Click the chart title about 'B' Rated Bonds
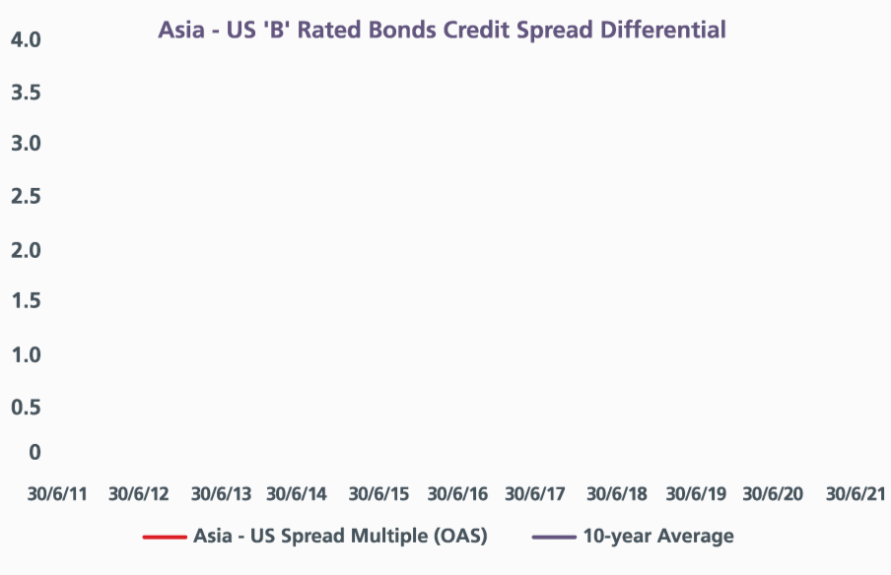(x=443, y=31)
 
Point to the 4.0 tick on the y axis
(x=27, y=39)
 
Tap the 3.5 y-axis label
(x=27, y=93)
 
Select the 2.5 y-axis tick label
(x=27, y=196)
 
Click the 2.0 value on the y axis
(x=27, y=250)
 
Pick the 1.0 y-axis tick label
(x=27, y=355)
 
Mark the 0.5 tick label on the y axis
(x=27, y=407)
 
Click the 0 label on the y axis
(x=34, y=452)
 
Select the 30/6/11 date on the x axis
(x=57, y=494)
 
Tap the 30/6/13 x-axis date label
(x=221, y=494)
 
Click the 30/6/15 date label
(x=379, y=494)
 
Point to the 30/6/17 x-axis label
(x=535, y=494)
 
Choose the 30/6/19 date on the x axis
(x=696, y=494)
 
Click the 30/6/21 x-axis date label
(x=856, y=494)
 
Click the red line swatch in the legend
(x=165, y=537)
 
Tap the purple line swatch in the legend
(x=554, y=537)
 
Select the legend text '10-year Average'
(x=658, y=537)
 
